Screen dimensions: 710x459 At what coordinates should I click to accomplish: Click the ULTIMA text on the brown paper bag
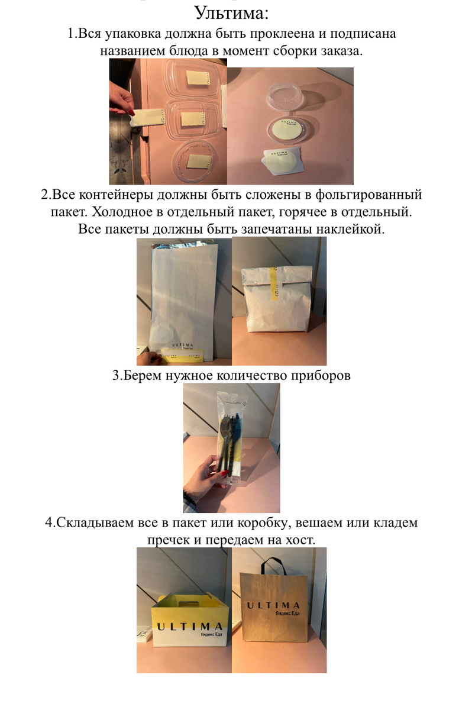point(273,605)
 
